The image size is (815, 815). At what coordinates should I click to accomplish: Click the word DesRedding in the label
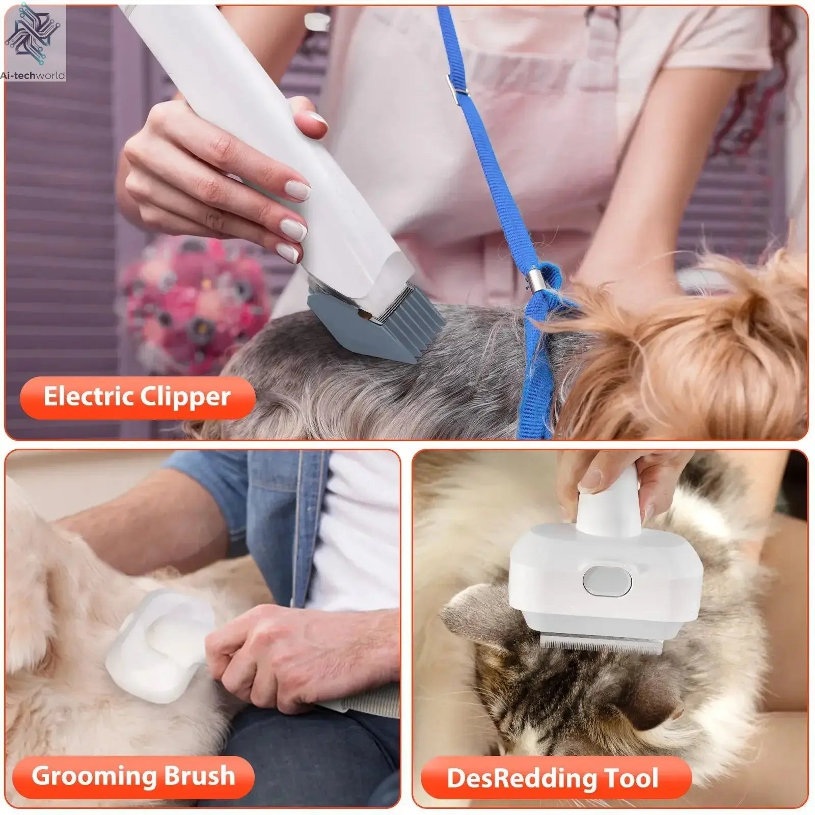click(522, 778)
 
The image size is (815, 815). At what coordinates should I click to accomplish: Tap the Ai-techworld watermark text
click(33, 75)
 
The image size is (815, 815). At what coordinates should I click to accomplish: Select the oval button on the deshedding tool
click(607, 581)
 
